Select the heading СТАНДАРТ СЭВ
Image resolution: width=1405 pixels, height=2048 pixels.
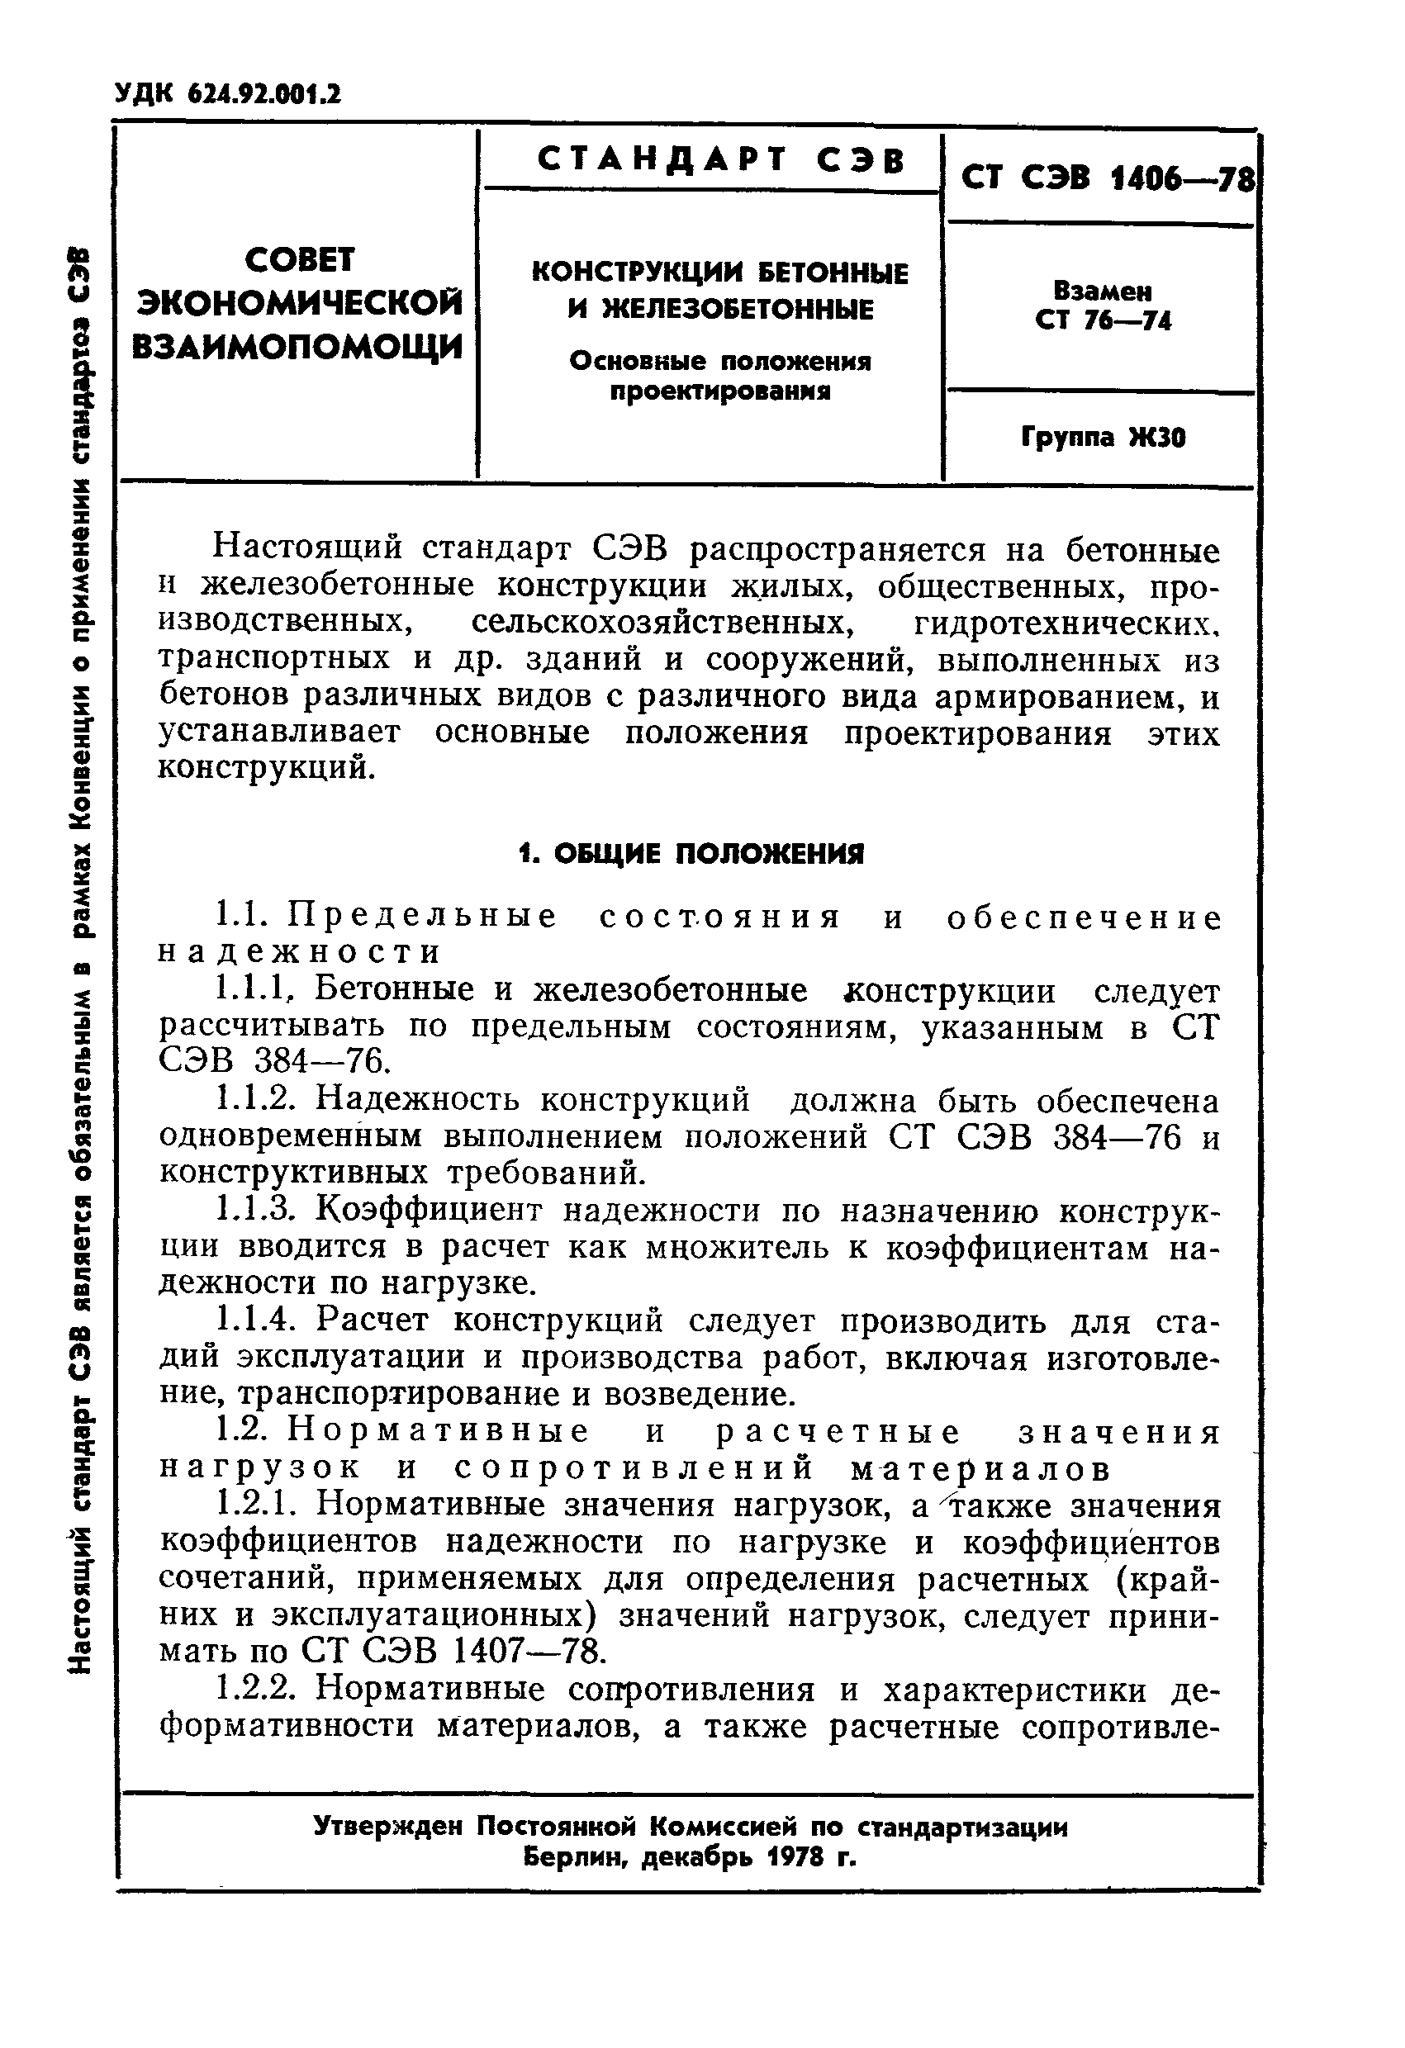[720, 160]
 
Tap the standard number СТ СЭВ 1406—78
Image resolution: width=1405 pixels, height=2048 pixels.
[1106, 180]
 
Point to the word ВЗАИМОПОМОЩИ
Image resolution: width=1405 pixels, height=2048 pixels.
[297, 345]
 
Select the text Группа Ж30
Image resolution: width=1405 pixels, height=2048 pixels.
[1103, 437]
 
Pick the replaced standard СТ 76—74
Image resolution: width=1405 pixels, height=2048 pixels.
[1103, 320]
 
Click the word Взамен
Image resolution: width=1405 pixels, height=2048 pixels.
[1103, 292]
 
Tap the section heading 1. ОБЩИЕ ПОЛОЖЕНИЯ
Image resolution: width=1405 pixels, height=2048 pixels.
[691, 853]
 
